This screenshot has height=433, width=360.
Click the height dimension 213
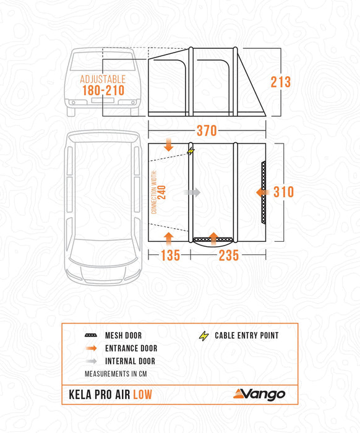[280, 82]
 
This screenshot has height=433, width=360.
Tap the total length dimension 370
[207, 131]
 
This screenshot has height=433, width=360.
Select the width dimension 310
[283, 192]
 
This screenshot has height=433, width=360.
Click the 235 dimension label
[229, 255]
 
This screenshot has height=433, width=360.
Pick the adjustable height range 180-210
[103, 90]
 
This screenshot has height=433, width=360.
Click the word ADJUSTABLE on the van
[103, 79]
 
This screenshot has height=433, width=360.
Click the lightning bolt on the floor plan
[189, 151]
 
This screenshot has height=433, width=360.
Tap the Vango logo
[259, 394]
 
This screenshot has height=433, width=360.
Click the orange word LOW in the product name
[142, 395]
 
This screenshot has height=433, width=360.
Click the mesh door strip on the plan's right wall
[264, 192]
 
